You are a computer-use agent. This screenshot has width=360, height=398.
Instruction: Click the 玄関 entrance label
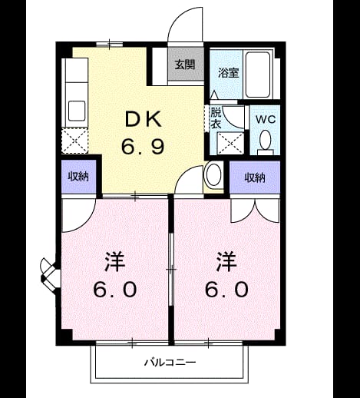click(x=185, y=65)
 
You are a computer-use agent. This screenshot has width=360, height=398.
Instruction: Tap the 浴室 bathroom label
click(x=229, y=73)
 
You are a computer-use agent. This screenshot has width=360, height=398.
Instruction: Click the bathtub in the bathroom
click(x=258, y=75)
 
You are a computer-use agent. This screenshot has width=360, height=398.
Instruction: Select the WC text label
click(x=266, y=119)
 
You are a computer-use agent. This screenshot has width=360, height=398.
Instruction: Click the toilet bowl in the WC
click(x=265, y=140)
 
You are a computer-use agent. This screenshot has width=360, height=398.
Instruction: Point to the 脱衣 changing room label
click(x=216, y=118)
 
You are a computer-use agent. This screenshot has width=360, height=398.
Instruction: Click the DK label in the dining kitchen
click(x=144, y=119)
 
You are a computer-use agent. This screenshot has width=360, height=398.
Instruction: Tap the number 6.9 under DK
click(x=143, y=146)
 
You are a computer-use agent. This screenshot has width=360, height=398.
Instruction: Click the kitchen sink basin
click(x=77, y=111)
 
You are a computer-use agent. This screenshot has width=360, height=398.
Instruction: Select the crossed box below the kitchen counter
click(x=74, y=141)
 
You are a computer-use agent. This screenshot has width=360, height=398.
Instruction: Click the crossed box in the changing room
click(x=230, y=143)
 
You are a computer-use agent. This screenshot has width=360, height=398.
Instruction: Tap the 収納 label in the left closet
click(x=78, y=177)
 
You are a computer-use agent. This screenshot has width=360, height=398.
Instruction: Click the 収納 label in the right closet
click(x=255, y=177)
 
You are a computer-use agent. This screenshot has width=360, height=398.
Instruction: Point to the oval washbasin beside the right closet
click(x=213, y=174)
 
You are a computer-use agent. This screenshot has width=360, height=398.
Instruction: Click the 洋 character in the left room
click(x=114, y=262)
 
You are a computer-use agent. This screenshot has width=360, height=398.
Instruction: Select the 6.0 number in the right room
click(x=226, y=290)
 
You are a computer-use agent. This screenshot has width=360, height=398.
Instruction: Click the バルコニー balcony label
click(x=170, y=363)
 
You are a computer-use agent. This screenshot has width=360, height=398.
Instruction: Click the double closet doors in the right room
click(x=255, y=211)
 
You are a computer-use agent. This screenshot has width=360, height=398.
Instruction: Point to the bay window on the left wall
click(x=50, y=276)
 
